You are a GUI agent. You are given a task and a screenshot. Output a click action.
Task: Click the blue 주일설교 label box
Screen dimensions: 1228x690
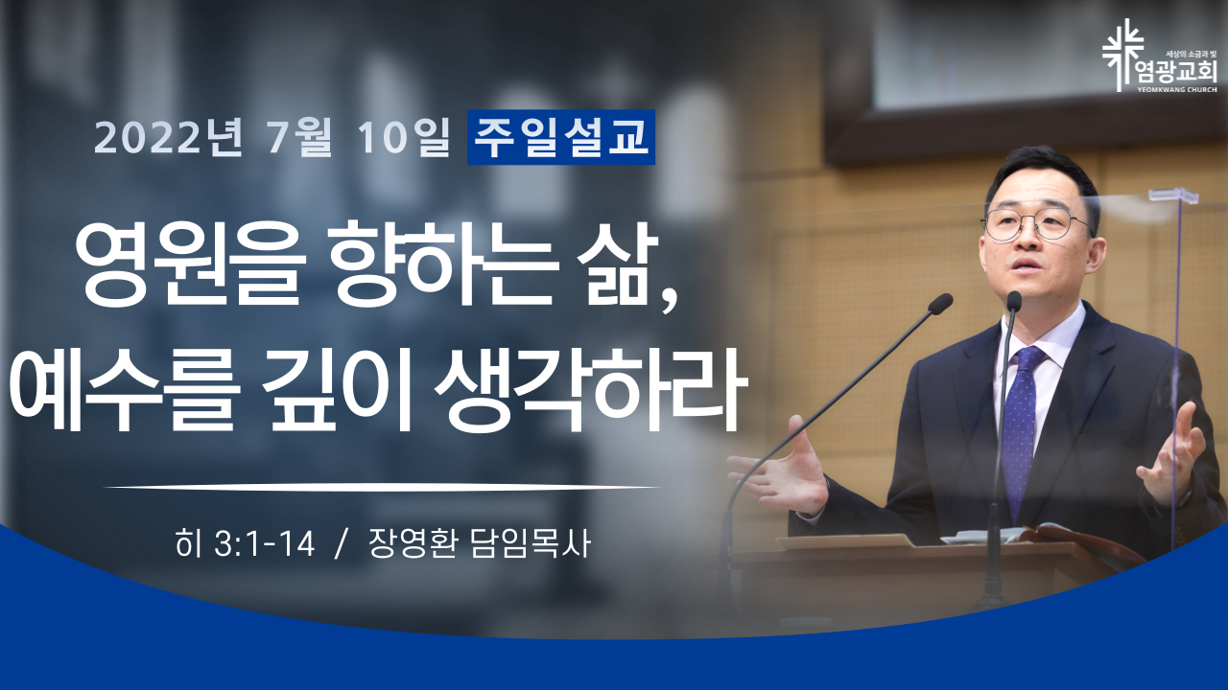(561, 137)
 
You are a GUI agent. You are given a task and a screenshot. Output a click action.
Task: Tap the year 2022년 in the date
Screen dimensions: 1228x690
(168, 137)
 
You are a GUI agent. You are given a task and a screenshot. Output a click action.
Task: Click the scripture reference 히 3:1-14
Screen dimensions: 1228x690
(245, 543)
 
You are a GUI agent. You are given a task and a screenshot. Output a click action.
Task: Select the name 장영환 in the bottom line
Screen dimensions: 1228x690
(413, 543)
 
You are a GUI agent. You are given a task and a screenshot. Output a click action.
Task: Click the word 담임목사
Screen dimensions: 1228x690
(531, 543)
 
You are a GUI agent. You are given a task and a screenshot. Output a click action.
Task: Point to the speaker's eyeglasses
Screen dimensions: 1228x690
(1036, 224)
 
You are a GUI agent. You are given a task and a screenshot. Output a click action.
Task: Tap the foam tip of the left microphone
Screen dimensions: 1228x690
(941, 304)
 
